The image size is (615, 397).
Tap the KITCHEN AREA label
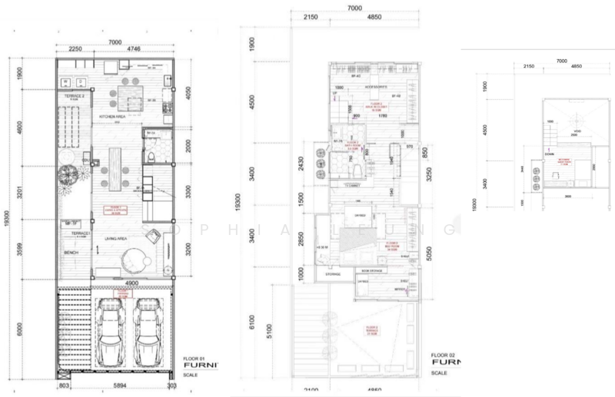click(111, 117)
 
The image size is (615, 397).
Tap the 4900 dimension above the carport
click(131, 283)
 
